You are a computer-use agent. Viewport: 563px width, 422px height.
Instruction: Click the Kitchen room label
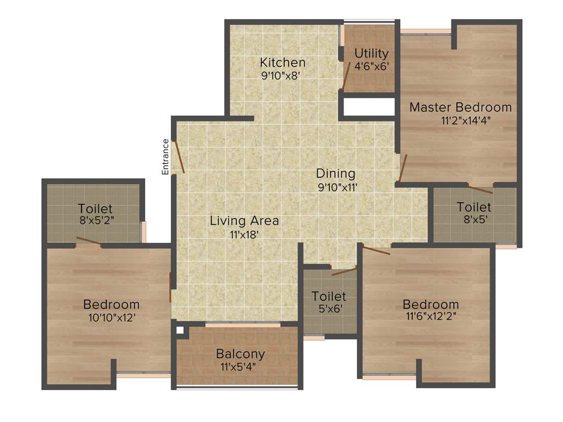point(283,62)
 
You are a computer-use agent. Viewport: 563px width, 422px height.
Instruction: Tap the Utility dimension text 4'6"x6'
point(372,65)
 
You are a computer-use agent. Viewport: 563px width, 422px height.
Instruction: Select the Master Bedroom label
point(460,107)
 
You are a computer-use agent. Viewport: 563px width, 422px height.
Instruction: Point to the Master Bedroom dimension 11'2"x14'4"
point(460,120)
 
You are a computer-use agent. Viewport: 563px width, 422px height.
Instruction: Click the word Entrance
point(165,157)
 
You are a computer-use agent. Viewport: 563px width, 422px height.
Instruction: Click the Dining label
point(335,174)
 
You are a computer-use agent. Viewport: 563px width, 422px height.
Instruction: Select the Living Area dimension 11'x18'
point(244,235)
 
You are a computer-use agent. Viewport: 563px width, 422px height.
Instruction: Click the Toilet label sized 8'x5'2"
point(95,209)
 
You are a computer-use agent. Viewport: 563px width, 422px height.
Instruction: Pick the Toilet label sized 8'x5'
point(474,207)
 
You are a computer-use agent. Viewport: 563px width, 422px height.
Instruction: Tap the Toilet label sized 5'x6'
point(329,297)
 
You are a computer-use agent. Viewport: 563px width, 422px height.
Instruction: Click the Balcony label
point(240,354)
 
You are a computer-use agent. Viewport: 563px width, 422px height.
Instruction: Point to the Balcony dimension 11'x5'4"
point(240,367)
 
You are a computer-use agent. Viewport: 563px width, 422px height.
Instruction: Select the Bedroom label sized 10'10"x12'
point(112,304)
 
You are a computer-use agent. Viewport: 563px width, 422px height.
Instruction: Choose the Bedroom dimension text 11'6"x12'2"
point(430,316)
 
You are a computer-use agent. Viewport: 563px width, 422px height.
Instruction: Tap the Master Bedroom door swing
point(402,168)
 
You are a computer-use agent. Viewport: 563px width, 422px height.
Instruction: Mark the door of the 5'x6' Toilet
point(344,271)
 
